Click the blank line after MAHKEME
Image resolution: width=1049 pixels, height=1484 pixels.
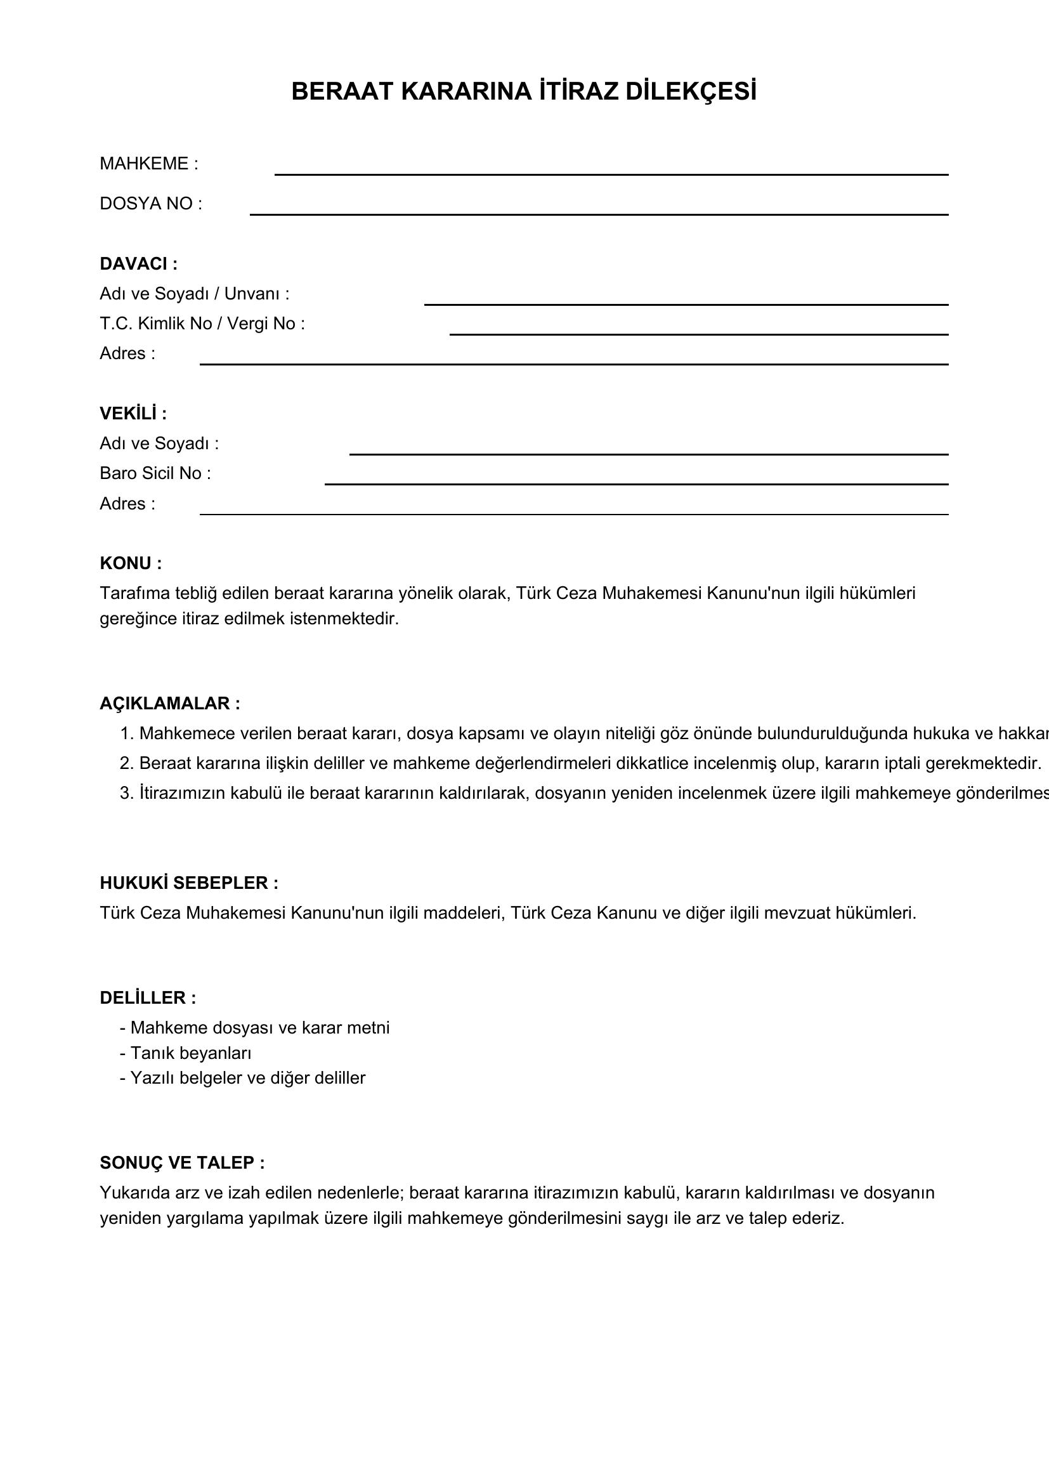(x=611, y=173)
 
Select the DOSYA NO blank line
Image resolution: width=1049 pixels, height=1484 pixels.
(x=599, y=213)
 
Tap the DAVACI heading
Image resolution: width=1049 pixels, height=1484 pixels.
(x=138, y=264)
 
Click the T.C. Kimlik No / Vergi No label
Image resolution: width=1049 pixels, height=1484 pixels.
(x=202, y=323)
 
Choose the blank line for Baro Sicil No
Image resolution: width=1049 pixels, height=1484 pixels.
(x=636, y=483)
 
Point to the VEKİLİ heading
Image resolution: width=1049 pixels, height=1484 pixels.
(x=133, y=414)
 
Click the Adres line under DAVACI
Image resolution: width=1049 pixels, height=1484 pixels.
(x=573, y=364)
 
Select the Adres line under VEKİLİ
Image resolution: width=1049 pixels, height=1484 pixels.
(x=573, y=513)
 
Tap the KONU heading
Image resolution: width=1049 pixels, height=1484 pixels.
(x=131, y=563)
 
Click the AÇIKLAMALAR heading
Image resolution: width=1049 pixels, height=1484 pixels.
(x=170, y=703)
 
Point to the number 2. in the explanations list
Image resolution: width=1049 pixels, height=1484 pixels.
(x=127, y=763)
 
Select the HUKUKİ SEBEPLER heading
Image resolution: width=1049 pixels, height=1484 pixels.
(x=188, y=883)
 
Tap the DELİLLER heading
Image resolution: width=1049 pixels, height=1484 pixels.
(x=147, y=998)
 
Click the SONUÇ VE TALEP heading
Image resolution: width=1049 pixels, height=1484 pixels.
(x=182, y=1163)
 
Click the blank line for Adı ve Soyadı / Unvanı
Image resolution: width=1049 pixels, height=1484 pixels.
(x=686, y=304)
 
